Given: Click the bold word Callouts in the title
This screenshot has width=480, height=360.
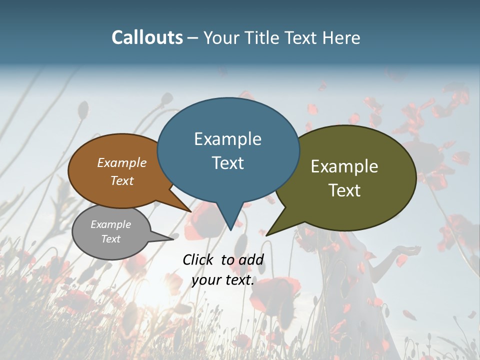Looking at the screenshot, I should (147, 37).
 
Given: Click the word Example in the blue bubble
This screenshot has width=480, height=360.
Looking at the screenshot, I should (227, 139).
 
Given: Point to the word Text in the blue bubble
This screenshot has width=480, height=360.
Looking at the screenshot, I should (227, 162).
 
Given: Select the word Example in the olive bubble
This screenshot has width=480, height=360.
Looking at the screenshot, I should (344, 166).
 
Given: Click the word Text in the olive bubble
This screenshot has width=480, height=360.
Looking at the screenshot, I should (344, 190).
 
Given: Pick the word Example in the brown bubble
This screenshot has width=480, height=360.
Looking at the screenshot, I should (122, 162).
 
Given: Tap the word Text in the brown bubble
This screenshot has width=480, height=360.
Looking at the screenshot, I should (122, 180).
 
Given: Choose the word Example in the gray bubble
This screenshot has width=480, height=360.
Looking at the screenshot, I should (110, 224).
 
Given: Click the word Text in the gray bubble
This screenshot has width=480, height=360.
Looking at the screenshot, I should (110, 239).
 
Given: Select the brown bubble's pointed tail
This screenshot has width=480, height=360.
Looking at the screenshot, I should (188, 210).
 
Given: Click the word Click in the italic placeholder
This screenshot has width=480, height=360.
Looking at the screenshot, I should (199, 259).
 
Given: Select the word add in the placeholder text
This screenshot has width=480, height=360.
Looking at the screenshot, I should (251, 259).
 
